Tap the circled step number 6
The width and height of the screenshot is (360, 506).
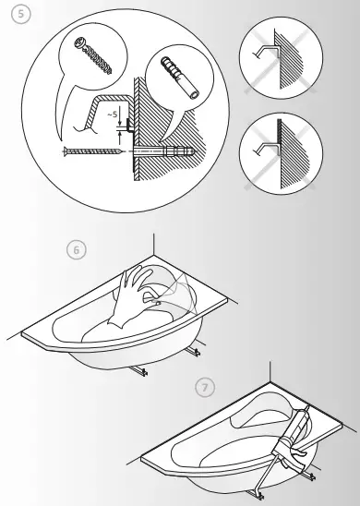coord(77,249)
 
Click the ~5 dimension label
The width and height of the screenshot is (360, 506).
coord(112,114)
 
